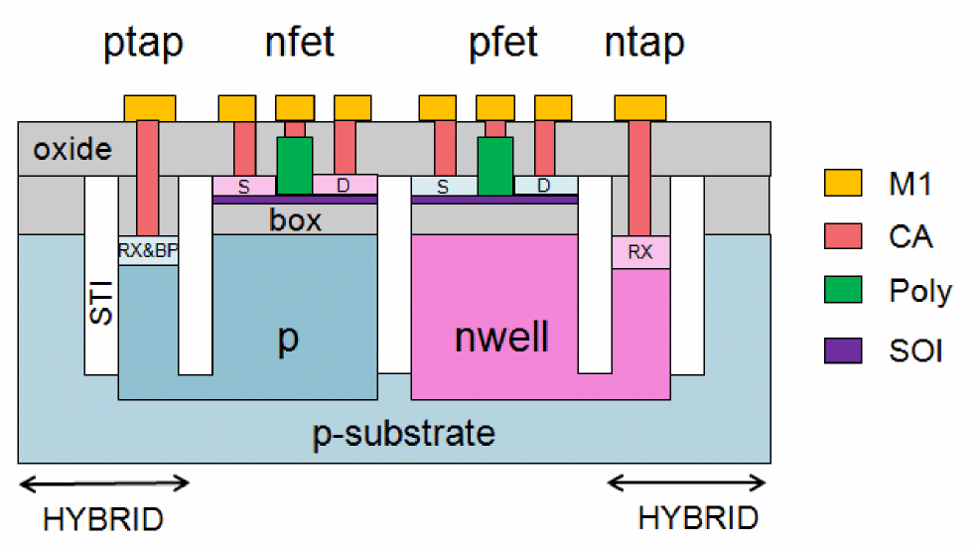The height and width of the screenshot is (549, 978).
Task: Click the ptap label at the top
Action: [144, 45]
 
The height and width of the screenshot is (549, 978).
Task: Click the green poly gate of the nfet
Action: [294, 165]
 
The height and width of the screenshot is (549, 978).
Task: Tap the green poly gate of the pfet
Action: [495, 165]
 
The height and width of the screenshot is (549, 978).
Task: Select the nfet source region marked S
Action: [243, 186]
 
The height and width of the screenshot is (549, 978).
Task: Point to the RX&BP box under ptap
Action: [148, 251]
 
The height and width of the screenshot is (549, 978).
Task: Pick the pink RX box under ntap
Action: [641, 252]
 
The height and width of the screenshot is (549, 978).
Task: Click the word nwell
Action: [500, 338]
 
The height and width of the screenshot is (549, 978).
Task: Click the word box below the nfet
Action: [295, 220]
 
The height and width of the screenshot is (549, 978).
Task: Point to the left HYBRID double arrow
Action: [104, 484]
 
